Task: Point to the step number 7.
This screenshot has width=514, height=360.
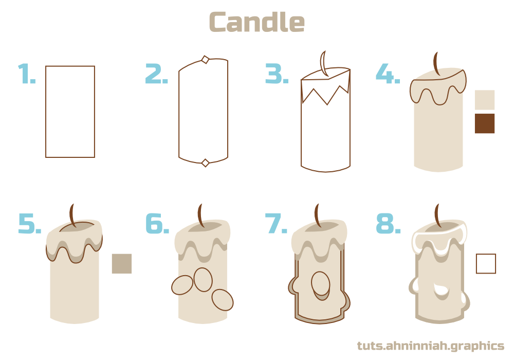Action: [277, 224]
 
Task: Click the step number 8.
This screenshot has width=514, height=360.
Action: [388, 224]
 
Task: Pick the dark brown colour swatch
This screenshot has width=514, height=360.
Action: [484, 123]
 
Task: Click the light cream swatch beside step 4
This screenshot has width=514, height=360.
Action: [484, 100]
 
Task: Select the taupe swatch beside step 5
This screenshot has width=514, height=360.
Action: [122, 263]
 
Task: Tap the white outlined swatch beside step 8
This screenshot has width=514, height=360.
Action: [486, 263]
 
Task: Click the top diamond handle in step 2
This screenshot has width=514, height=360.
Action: [205, 60]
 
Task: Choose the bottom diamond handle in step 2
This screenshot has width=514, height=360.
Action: [205, 163]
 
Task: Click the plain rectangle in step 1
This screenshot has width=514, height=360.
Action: [70, 112]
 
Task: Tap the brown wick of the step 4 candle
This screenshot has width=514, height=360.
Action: [436, 64]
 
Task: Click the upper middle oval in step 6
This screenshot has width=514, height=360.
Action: [203, 279]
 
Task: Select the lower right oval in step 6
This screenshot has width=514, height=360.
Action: [223, 299]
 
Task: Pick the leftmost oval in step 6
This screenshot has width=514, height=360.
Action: [182, 285]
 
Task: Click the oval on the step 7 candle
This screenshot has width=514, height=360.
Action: [321, 284]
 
